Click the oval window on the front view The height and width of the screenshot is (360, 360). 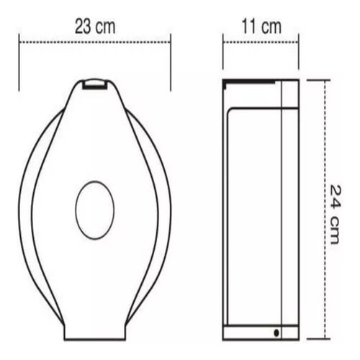point(95,210)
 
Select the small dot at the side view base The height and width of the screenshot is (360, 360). point(277,332)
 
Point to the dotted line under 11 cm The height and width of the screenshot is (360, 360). point(260,42)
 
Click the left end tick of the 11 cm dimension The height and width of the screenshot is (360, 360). point(222,54)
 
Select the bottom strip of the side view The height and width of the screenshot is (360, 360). point(260,333)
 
